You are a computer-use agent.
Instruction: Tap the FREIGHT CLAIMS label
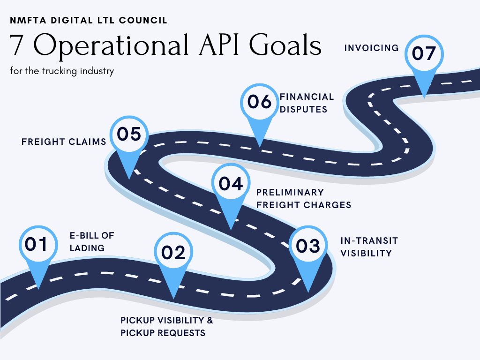64,142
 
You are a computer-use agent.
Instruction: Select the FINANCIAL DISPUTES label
307,103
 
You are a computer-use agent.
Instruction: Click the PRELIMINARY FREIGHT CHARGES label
304,199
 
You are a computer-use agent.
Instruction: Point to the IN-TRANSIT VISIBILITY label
369,247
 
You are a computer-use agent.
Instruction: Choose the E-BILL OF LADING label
92,241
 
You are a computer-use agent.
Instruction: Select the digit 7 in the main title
17,46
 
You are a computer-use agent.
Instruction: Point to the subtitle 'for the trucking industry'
61,72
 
